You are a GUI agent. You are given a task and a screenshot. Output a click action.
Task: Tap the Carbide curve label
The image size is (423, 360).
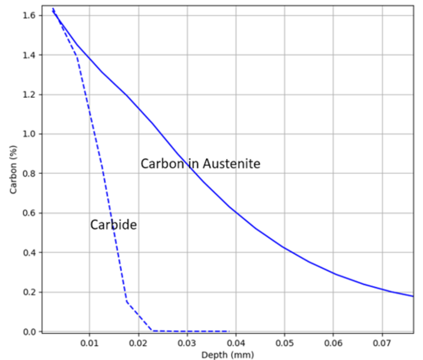coord(113,225)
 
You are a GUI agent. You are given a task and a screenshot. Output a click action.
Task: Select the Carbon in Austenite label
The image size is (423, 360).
coord(200,163)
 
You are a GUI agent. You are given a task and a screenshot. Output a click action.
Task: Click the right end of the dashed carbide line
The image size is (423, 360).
coord(229,331)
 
